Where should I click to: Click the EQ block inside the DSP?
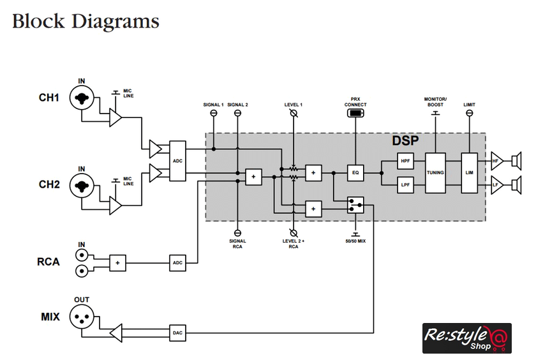point(355,172)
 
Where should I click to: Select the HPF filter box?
point(405,161)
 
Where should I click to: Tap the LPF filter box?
point(405,185)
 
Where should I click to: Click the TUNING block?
point(436,173)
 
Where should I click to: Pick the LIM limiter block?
point(469,173)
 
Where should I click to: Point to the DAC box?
point(178,333)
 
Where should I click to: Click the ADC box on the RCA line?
point(178,262)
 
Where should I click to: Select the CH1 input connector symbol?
point(82,98)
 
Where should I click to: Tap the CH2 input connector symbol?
point(82,186)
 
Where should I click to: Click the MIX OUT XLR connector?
point(82,317)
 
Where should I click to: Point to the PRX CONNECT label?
point(355,101)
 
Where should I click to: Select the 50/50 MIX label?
point(355,241)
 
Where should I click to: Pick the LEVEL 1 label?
point(293,105)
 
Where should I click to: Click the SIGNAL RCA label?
point(237,243)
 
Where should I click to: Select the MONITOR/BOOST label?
point(435,101)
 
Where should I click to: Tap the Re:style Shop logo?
point(467,338)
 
